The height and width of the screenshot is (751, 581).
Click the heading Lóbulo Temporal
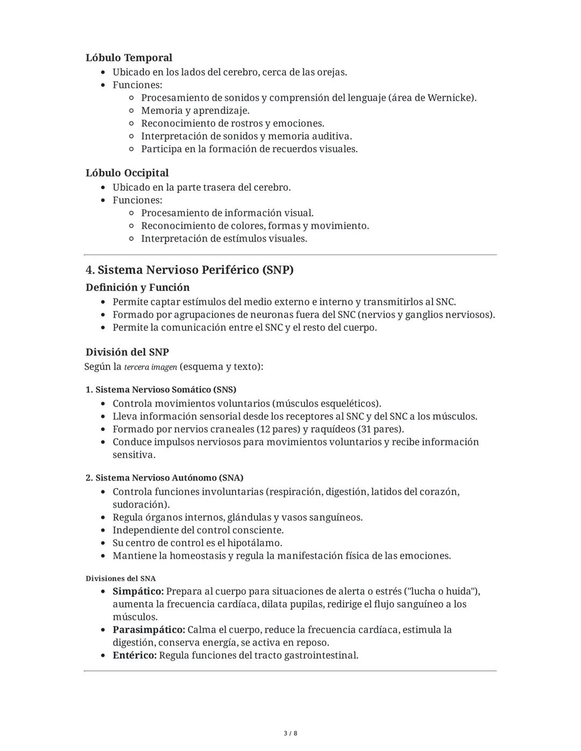129,58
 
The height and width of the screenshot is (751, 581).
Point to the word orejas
330,72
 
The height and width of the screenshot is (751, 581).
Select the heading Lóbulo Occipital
127,173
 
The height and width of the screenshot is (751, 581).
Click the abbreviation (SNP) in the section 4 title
278,270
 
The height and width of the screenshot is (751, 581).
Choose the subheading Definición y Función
138,288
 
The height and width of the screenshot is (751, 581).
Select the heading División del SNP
127,353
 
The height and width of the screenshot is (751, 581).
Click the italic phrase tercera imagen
150,367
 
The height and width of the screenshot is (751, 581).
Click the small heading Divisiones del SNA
121,579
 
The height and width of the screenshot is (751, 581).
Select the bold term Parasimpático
148,630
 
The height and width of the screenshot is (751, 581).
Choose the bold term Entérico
134,656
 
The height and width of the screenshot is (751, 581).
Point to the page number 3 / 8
290,733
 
